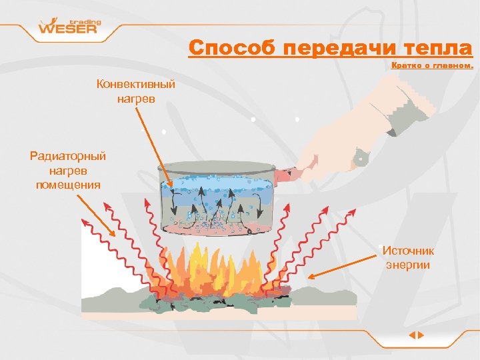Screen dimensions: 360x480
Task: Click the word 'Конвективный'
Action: tap(135, 85)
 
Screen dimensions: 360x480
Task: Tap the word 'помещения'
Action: tap(68, 184)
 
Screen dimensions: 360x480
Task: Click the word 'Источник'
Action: tap(408, 251)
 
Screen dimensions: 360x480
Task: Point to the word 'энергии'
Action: tap(408, 265)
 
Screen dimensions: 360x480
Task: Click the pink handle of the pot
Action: tap(286, 175)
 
